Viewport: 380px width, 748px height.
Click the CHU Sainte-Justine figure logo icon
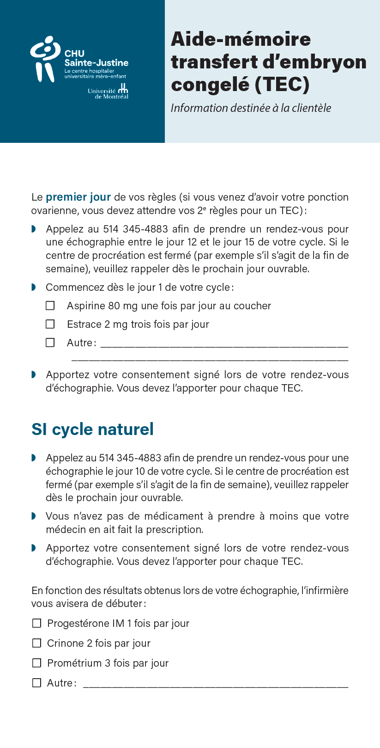tap(45, 59)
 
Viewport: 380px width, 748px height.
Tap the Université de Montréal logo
tap(109, 92)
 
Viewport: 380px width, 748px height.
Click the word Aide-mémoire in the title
tap(241, 39)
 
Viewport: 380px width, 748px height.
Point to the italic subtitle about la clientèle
tap(251, 108)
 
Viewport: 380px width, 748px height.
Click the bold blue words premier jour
tap(78, 197)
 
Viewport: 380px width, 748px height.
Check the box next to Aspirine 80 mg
tap(50, 306)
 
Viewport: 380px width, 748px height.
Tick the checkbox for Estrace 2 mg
tap(50, 325)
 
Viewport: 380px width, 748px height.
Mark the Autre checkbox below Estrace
tap(50, 343)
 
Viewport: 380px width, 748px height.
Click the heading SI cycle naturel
tap(92, 429)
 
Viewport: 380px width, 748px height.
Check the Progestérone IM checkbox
tap(36, 624)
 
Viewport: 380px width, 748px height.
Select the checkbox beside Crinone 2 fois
tap(36, 644)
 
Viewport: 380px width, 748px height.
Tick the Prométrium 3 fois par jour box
tap(36, 663)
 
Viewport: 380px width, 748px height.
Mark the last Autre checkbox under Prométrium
tap(36, 683)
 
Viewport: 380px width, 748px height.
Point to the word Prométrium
tap(74, 663)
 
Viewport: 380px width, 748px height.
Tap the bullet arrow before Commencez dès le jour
tap(33, 288)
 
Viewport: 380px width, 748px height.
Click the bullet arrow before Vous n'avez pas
tap(33, 516)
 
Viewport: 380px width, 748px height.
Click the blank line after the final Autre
tap(215, 686)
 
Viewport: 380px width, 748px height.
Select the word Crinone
tap(66, 644)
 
